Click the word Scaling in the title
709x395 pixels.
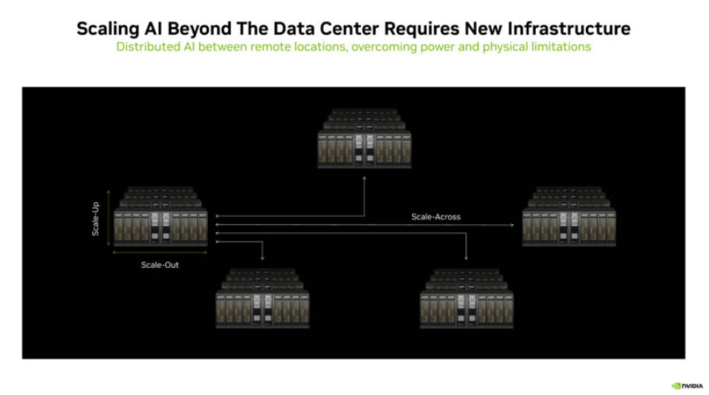[108, 28]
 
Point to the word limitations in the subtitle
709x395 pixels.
[558, 47]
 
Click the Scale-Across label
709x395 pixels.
[435, 217]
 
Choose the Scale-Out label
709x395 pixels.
[160, 264]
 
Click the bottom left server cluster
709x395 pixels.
[262, 299]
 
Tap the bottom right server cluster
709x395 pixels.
[467, 299]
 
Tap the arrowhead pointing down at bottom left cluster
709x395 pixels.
[262, 258]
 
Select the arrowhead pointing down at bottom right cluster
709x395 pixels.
[467, 258]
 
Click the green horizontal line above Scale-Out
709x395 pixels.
[160, 253]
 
